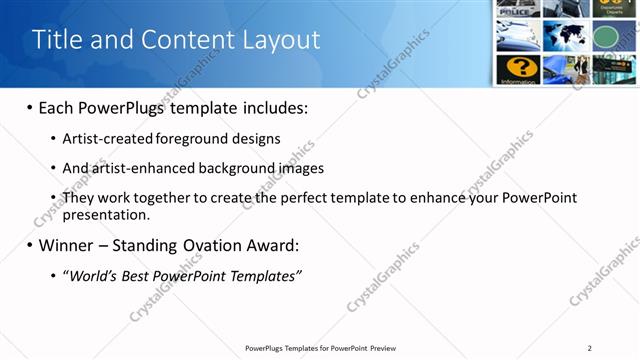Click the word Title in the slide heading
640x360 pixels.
tap(58, 40)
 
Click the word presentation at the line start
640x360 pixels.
tap(105, 214)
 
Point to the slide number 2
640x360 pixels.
tap(590, 348)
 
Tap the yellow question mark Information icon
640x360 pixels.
tap(518, 68)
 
